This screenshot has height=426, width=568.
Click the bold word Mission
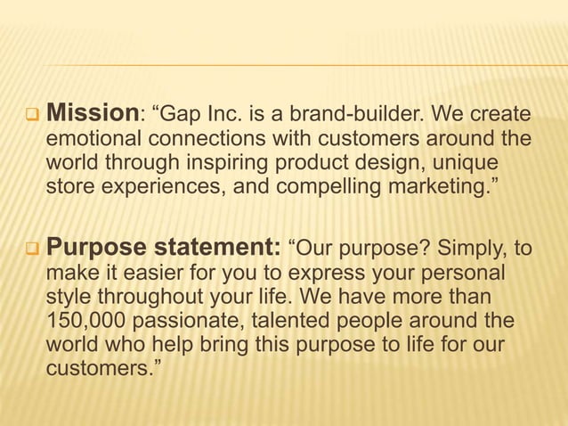pos(91,114)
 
